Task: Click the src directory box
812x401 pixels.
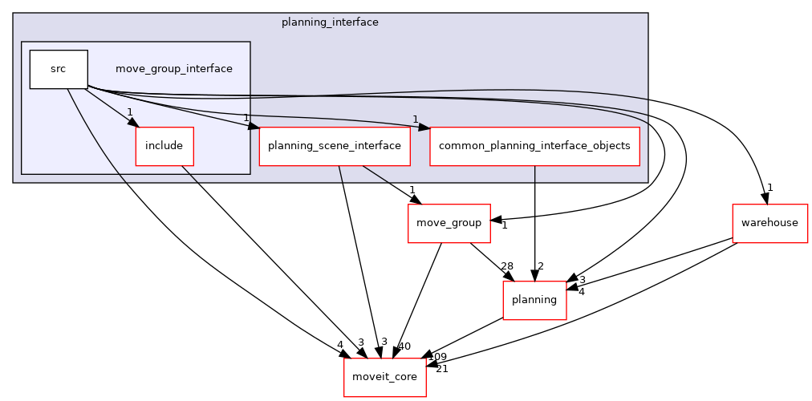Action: click(x=59, y=69)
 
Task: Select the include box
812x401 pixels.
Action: click(x=164, y=146)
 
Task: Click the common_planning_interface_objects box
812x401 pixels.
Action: click(x=534, y=146)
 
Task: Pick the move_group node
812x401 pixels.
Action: click(x=449, y=223)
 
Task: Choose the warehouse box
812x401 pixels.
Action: click(x=769, y=223)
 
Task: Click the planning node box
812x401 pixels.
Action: click(x=534, y=300)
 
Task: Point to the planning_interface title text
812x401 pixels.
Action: click(x=330, y=22)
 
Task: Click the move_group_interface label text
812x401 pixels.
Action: click(x=174, y=69)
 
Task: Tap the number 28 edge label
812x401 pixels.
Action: click(x=506, y=266)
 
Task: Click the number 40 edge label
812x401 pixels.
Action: click(x=404, y=346)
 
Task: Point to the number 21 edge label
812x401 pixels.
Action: click(x=441, y=368)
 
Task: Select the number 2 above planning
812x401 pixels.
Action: click(x=542, y=266)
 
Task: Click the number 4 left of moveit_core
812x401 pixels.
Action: click(x=340, y=345)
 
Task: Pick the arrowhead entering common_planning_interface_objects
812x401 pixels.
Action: click(x=425, y=127)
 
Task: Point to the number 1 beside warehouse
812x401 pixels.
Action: click(x=769, y=188)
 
